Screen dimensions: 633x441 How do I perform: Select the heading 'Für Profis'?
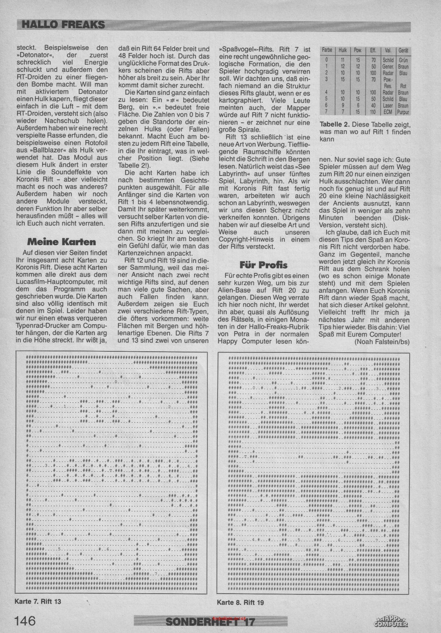(x=263, y=265)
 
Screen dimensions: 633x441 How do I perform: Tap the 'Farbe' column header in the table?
(x=327, y=51)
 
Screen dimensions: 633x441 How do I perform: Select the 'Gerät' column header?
(x=403, y=51)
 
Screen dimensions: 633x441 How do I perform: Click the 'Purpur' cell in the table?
(x=403, y=112)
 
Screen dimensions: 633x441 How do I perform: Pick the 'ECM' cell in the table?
(x=388, y=112)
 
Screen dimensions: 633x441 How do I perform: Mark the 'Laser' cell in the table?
(x=388, y=106)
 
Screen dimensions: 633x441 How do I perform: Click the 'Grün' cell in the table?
(x=403, y=60)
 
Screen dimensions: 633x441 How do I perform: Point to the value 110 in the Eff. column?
(x=373, y=112)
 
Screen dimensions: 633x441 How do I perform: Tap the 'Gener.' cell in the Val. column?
(x=388, y=67)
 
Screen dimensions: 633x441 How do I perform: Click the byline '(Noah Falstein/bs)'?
(x=382, y=341)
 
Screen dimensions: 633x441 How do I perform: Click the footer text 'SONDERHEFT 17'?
(x=210, y=621)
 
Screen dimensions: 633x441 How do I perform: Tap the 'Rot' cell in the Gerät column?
(x=403, y=86)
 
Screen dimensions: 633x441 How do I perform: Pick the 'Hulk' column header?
(x=342, y=51)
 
